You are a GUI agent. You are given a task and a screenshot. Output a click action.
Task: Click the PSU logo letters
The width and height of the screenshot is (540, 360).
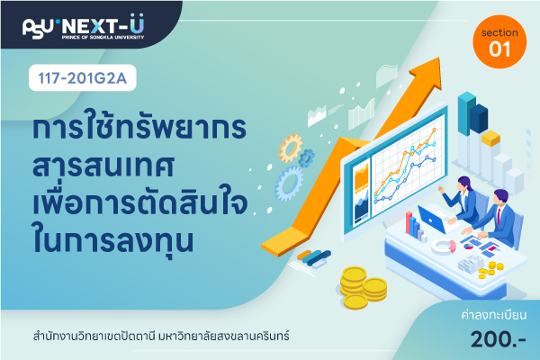[x=38, y=28]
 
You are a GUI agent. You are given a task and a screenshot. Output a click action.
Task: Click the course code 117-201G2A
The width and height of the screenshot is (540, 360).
[x=82, y=78]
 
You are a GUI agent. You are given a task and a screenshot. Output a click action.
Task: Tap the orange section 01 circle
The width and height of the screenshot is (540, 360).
[x=499, y=41]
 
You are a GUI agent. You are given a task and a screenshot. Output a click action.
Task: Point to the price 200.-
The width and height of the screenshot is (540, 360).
[x=498, y=339]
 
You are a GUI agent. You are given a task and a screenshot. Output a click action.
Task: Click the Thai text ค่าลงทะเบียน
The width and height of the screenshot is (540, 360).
[x=493, y=315]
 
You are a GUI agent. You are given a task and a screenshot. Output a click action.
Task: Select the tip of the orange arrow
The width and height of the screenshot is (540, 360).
[x=439, y=58]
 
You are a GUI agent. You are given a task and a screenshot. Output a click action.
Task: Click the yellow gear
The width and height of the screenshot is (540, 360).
[x=291, y=148]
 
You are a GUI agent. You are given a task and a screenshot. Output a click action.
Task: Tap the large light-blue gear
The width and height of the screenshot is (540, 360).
[x=289, y=184]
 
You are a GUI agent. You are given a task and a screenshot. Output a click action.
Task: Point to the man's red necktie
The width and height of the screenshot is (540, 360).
[x=499, y=215]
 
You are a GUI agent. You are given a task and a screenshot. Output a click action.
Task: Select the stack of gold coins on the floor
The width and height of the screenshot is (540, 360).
[x=364, y=288]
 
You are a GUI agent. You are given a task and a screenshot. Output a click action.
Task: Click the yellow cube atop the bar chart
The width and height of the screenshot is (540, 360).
[x=490, y=138]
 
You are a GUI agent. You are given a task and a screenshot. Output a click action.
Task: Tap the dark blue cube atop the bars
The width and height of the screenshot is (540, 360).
[x=479, y=119]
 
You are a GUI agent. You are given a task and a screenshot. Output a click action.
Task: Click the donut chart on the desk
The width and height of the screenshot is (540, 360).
[x=444, y=246]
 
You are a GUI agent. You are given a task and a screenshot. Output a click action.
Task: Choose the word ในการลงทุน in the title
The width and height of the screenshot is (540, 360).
[x=113, y=239]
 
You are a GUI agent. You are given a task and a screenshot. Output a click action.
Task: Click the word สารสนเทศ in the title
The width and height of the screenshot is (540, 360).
[x=103, y=166]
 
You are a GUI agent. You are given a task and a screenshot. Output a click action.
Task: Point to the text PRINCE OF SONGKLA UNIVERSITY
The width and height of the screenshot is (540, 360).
[x=103, y=37]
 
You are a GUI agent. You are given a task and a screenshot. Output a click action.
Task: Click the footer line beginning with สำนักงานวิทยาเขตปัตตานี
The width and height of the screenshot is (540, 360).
[x=161, y=336]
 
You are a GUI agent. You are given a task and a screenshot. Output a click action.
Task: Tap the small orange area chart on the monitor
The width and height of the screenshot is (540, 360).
[x=361, y=177]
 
